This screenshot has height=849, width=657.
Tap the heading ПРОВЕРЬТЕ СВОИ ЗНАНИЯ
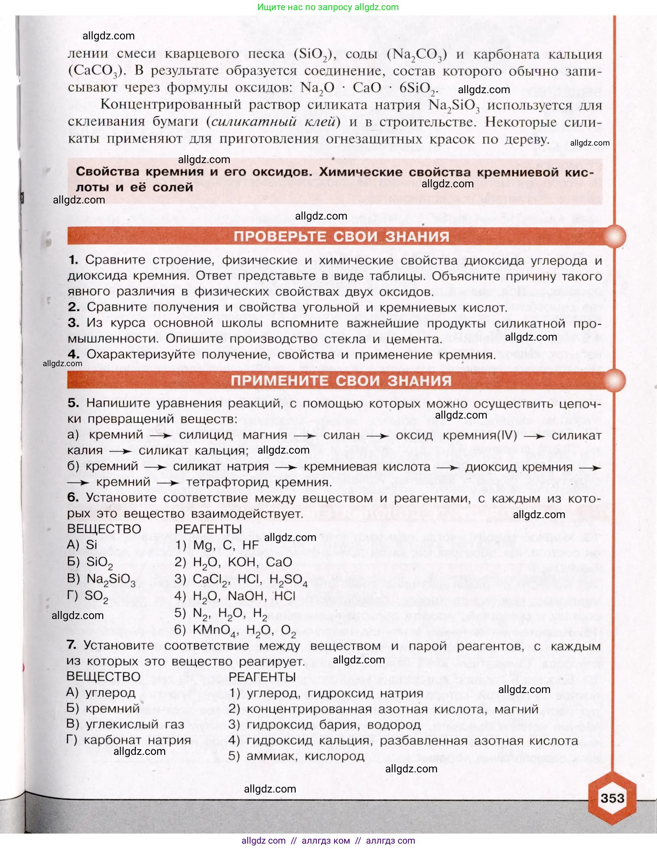point(341,236)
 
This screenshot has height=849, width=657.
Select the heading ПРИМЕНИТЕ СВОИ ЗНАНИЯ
point(341,381)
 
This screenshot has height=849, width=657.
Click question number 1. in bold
point(73,260)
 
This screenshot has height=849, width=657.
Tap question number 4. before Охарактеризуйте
point(74,354)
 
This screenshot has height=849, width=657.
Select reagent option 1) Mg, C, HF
point(217,545)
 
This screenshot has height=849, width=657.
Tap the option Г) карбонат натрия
point(129,740)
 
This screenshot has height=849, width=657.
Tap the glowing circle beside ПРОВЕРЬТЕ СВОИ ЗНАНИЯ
point(615,236)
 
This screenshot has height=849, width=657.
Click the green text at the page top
point(328,7)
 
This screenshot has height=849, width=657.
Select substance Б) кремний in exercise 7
point(103,708)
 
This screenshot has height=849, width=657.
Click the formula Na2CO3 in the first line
point(417,54)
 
